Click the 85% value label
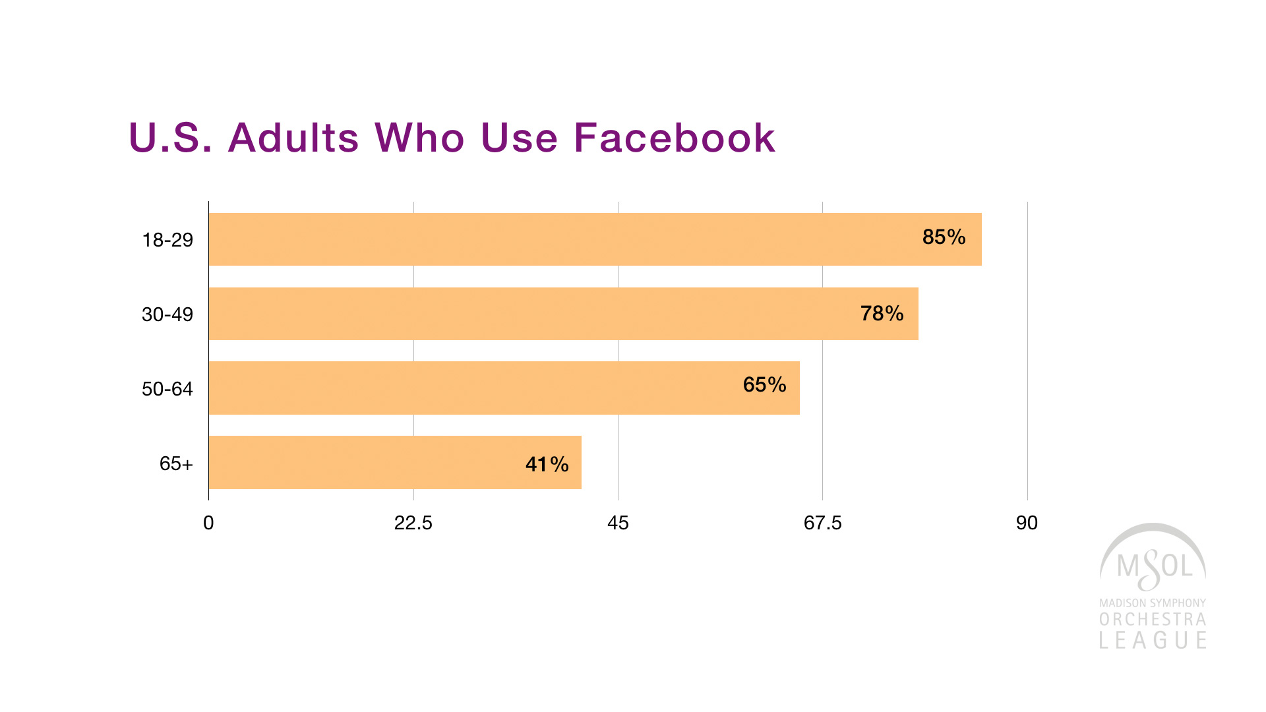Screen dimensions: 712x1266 944,237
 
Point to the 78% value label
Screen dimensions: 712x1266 882,313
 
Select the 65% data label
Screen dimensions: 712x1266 764,385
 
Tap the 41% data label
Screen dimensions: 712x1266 547,465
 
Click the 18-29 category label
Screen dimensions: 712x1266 167,240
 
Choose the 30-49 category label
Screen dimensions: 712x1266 167,314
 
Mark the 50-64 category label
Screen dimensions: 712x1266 167,389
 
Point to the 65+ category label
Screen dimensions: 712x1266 176,463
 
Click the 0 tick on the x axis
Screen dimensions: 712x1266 208,523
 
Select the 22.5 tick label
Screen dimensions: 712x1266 413,523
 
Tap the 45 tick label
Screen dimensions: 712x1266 618,523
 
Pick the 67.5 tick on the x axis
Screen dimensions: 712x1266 822,523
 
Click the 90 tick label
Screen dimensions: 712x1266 1027,523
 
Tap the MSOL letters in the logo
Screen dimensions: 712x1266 1155,566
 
